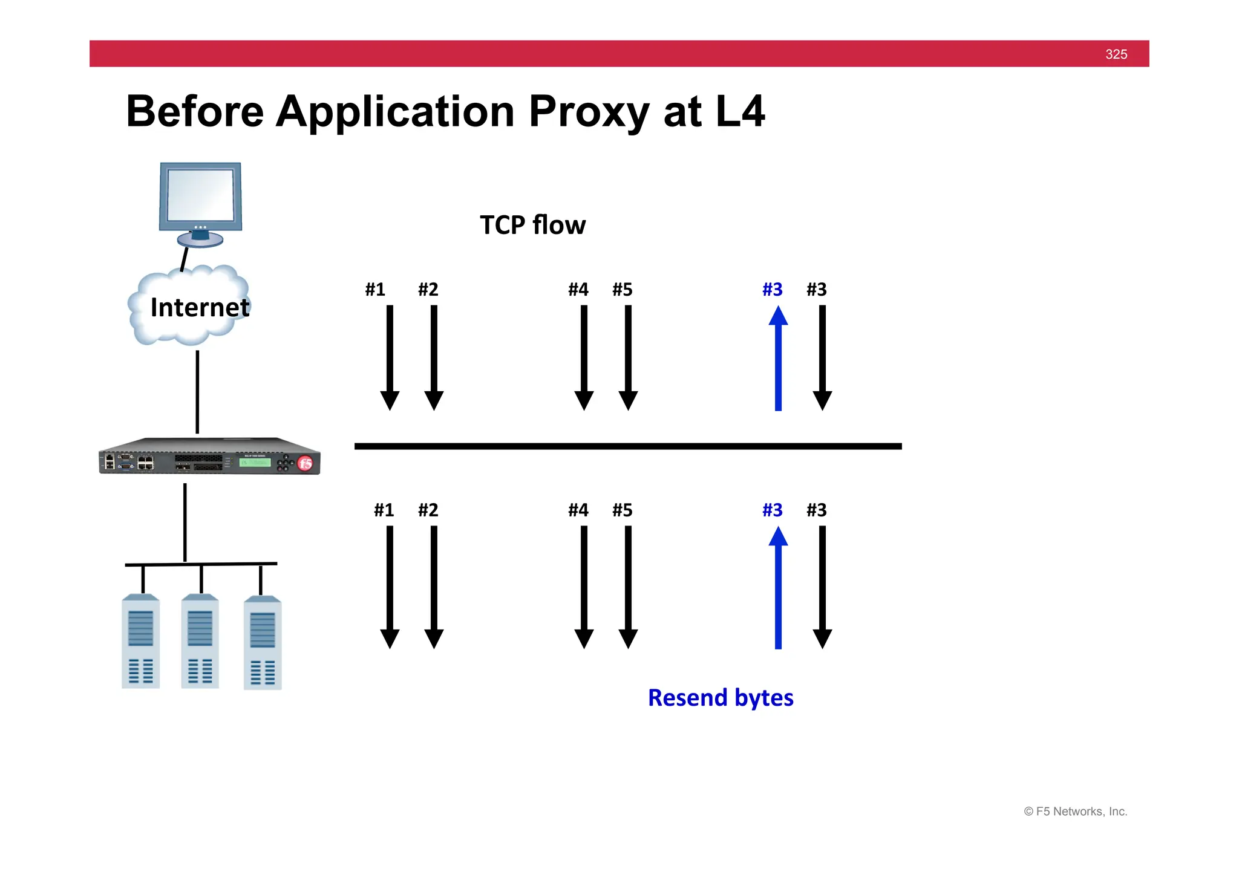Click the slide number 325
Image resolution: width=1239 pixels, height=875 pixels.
click(x=1116, y=54)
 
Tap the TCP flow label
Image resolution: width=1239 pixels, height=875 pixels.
click(x=532, y=225)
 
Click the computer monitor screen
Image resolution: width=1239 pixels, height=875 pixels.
click(x=200, y=195)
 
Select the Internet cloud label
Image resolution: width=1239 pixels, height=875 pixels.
click(x=199, y=307)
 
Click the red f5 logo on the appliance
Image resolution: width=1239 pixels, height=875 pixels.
click(x=306, y=463)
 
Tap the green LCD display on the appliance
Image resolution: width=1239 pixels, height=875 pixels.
click(x=255, y=463)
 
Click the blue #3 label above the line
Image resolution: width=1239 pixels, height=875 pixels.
click(x=772, y=290)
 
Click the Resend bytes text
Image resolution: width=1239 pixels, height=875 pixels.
click(x=720, y=698)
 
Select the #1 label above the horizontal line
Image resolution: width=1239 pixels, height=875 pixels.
click(x=375, y=290)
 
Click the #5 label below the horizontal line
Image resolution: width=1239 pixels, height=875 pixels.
click(x=622, y=510)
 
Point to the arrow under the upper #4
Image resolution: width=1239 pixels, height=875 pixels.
click(x=584, y=357)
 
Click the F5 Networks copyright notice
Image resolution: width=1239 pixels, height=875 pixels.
click(x=1075, y=812)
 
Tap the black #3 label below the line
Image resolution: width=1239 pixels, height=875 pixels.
click(x=816, y=510)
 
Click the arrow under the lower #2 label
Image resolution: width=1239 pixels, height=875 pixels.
click(x=434, y=587)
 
